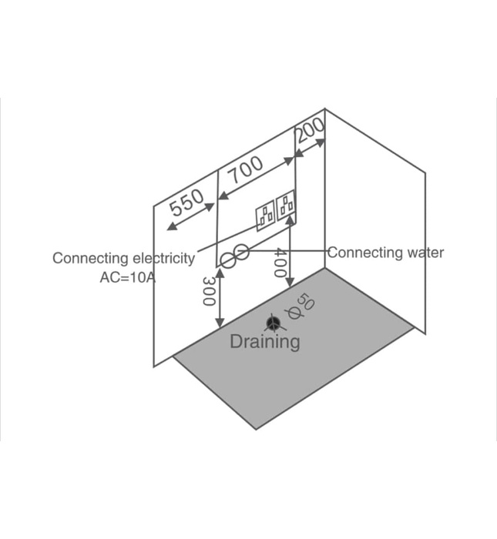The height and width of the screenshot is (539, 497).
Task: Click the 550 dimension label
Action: (x=186, y=204)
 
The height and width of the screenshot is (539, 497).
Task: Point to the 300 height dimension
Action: (x=209, y=290)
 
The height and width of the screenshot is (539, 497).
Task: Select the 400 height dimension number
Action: (x=280, y=263)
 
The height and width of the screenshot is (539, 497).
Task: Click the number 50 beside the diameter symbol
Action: (x=306, y=302)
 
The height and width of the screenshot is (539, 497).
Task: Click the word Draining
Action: (x=265, y=341)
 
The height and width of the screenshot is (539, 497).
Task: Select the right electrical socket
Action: (x=287, y=206)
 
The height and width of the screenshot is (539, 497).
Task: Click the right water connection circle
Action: (x=241, y=252)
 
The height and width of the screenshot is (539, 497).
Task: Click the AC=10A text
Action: (x=127, y=277)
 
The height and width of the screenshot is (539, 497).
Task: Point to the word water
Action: (x=424, y=252)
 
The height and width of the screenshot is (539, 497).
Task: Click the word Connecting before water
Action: (x=364, y=252)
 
